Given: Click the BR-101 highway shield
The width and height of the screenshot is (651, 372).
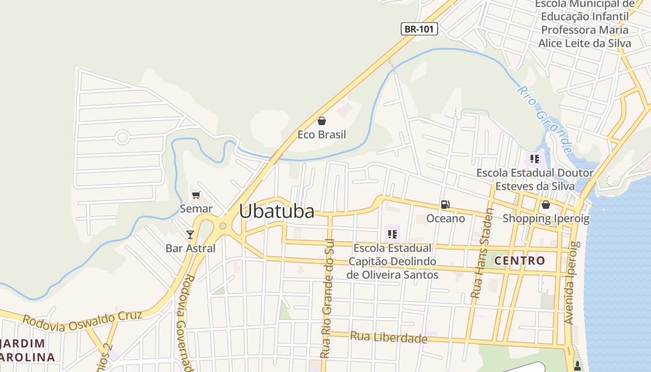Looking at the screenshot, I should pyautogui.click(x=419, y=29).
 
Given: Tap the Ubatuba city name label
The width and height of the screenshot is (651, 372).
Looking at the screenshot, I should pyautogui.click(x=277, y=211).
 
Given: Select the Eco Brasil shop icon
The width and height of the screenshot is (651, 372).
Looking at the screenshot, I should pyautogui.click(x=321, y=121).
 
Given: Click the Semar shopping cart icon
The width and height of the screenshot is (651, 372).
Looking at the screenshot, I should pyautogui.click(x=196, y=195).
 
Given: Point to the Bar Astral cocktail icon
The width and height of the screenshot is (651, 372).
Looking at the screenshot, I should pyautogui.click(x=190, y=234).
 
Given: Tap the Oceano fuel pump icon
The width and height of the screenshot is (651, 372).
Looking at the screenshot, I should pyautogui.click(x=445, y=204).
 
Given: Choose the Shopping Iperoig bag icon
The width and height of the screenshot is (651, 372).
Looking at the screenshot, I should pyautogui.click(x=545, y=204).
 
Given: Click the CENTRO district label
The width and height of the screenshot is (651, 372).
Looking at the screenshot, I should pyautogui.click(x=519, y=260).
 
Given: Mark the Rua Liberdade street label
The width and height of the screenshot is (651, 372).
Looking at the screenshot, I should pyautogui.click(x=388, y=337).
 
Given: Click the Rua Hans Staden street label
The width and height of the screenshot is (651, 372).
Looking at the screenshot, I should pyautogui.click(x=482, y=253).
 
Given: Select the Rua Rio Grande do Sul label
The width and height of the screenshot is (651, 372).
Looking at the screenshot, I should pyautogui.click(x=327, y=302).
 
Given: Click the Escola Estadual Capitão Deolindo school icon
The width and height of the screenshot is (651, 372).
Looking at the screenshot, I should pyautogui.click(x=392, y=234).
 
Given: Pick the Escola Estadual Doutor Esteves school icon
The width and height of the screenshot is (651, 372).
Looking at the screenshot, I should pyautogui.click(x=535, y=159).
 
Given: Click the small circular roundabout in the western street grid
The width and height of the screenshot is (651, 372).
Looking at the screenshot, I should pyautogui.click(x=122, y=137).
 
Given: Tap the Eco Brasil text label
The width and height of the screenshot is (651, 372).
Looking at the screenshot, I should pyautogui.click(x=322, y=135).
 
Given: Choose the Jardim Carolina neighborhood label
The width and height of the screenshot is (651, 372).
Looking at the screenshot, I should pyautogui.click(x=27, y=351).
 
